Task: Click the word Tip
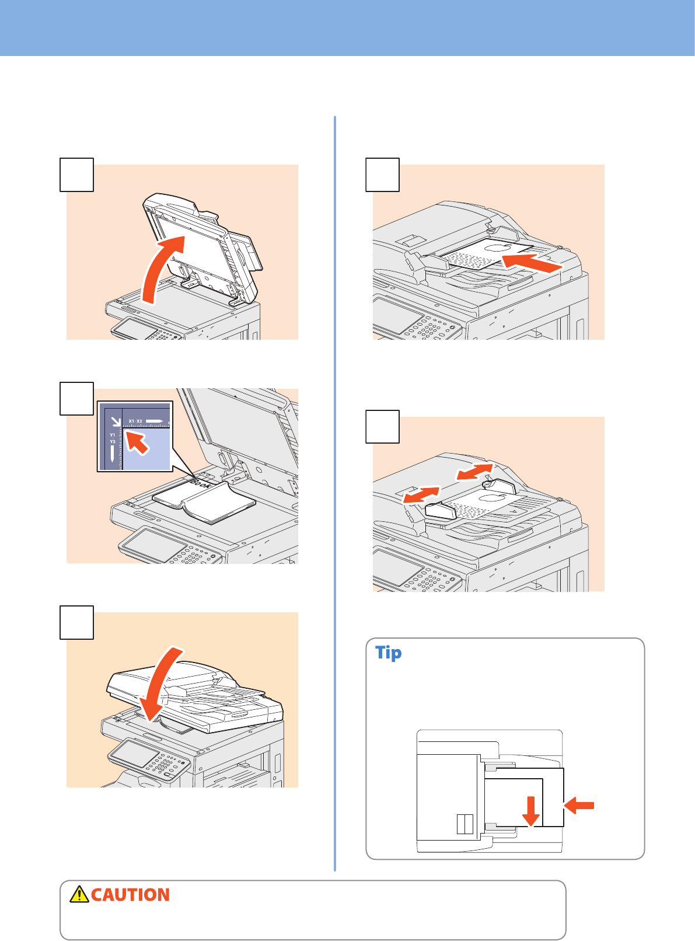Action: (388, 653)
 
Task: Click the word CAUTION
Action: (130, 895)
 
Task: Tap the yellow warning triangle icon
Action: (79, 894)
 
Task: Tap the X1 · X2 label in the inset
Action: (135, 421)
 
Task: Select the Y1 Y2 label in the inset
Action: (113, 438)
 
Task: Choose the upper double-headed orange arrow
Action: (474, 472)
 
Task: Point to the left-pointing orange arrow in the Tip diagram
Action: (579, 806)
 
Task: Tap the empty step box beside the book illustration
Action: (77, 399)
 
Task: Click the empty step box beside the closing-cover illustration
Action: (77, 623)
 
